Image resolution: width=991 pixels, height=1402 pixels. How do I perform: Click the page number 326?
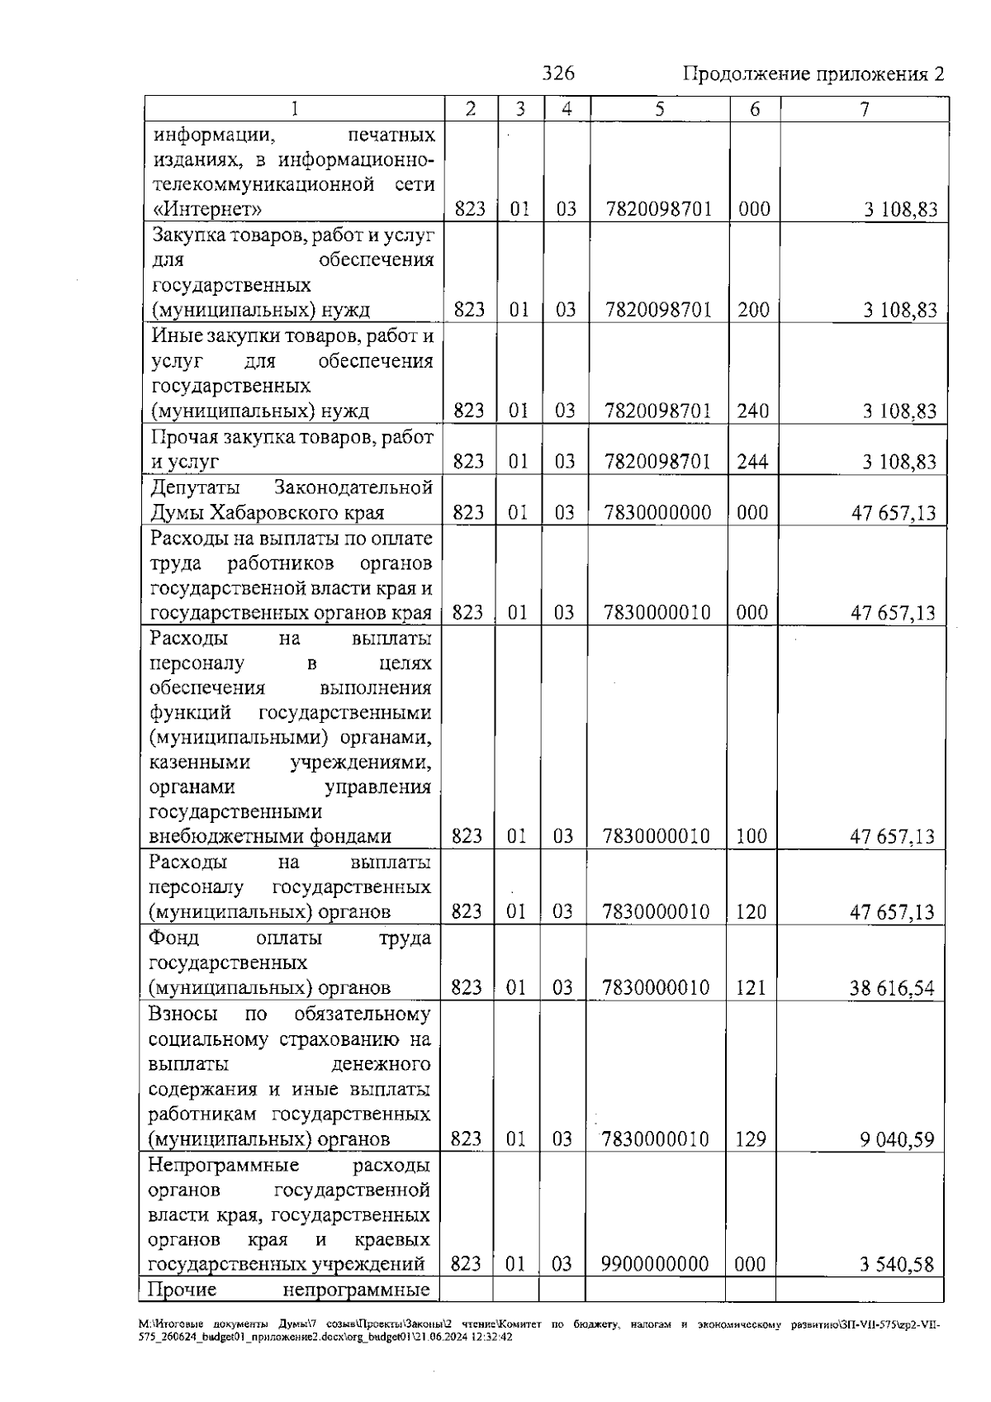coord(558,74)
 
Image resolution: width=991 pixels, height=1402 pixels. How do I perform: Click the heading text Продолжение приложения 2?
coord(813,74)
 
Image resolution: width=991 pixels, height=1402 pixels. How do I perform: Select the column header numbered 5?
coord(660,109)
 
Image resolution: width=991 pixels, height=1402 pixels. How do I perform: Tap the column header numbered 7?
coord(865,109)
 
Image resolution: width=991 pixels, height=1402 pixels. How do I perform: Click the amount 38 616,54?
coord(893,988)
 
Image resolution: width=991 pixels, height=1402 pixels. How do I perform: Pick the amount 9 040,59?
coord(898,1140)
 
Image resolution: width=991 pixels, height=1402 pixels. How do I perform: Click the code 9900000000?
coord(655,1264)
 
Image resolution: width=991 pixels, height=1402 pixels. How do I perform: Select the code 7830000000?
coord(657,512)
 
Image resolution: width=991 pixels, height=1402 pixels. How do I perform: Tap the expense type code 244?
coord(752,461)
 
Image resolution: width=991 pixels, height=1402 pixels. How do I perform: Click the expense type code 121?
coord(751,987)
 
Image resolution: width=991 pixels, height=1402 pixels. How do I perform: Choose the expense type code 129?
coord(751,1139)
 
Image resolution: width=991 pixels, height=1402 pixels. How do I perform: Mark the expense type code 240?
coord(752,411)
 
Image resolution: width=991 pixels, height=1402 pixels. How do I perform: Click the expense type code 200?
coord(753,310)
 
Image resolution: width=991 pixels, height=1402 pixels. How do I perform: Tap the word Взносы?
coord(183,1014)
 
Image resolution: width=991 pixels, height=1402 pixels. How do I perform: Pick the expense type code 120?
coord(751,912)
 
